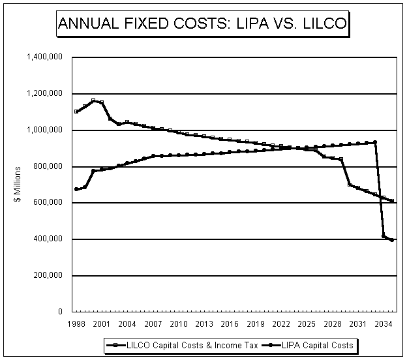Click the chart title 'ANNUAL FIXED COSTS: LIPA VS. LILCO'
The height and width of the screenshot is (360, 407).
click(x=203, y=24)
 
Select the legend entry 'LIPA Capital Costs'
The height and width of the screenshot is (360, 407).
click(x=320, y=345)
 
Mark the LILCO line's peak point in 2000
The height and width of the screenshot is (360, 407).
click(x=94, y=100)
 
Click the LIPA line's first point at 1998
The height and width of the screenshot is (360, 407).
click(x=77, y=189)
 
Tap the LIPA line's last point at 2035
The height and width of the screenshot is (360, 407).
click(x=392, y=240)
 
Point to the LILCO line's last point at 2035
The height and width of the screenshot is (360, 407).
click(x=392, y=201)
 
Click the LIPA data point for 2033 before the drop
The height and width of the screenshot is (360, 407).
click(x=375, y=142)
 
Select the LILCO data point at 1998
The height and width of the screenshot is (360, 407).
click(x=77, y=112)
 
